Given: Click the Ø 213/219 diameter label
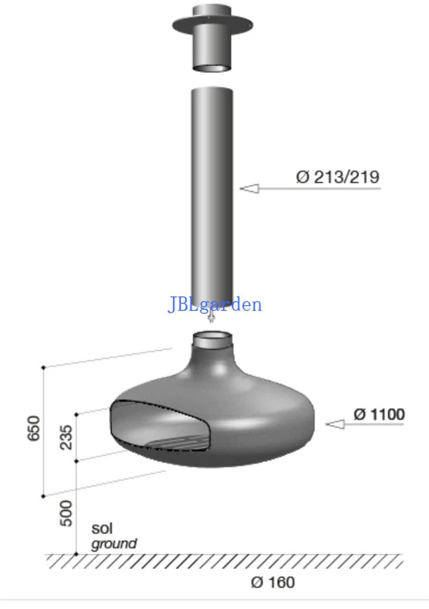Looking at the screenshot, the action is [x=337, y=177].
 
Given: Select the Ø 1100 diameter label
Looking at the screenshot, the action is [x=379, y=414].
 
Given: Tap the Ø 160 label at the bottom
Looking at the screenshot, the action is [x=273, y=582].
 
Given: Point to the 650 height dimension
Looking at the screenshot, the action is [x=34, y=428].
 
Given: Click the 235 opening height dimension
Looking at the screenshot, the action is [x=66, y=437].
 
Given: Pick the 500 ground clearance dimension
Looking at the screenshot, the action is [x=66, y=513].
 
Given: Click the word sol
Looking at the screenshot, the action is [x=102, y=528].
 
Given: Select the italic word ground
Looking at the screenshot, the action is [x=114, y=544].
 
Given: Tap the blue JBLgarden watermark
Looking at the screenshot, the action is [x=214, y=304].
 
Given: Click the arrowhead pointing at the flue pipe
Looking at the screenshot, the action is [x=249, y=189].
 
